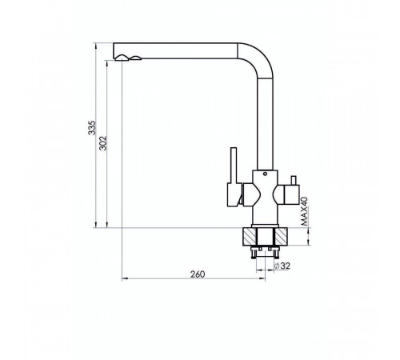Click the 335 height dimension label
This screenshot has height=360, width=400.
click(x=92, y=128)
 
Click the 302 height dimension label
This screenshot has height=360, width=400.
click(x=103, y=143)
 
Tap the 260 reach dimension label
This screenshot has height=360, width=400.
click(x=198, y=274)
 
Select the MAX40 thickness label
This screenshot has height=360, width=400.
click(x=304, y=211)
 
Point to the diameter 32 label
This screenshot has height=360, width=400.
click(x=282, y=266)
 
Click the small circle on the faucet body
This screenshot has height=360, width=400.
click(x=265, y=174)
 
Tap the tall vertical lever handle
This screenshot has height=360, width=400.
click(x=234, y=166)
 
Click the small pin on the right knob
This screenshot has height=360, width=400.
click(x=294, y=180)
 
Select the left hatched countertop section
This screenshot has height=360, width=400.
click(x=250, y=237)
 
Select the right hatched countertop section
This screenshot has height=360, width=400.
click(x=281, y=237)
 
